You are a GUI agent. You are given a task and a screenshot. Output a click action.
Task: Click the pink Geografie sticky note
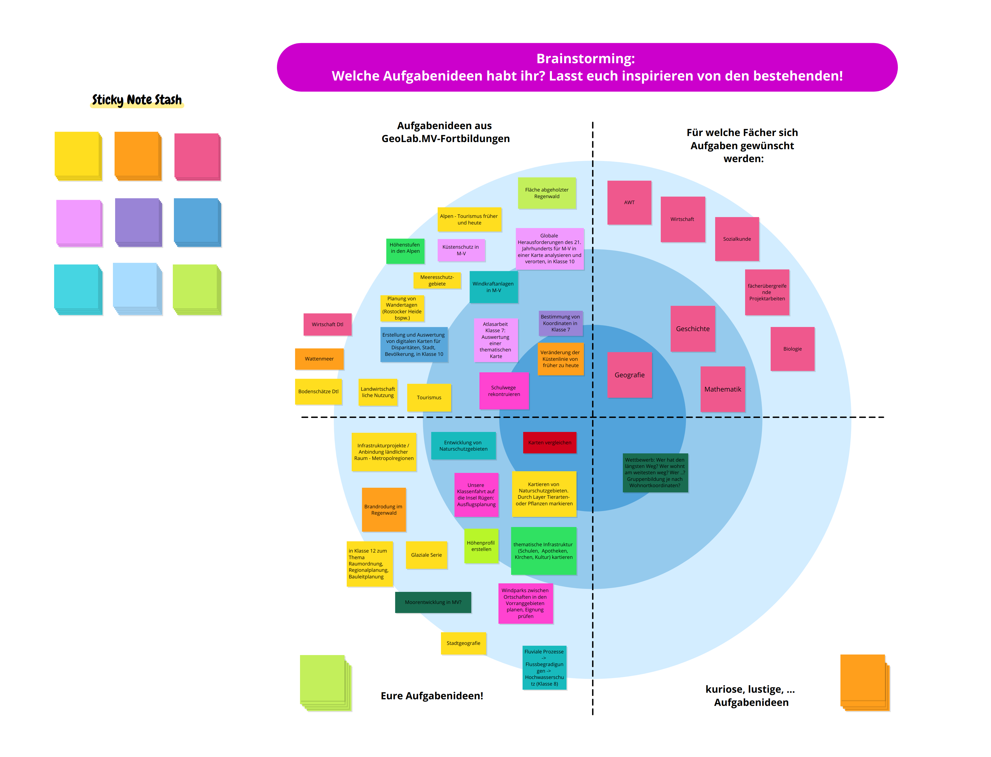[x=629, y=375]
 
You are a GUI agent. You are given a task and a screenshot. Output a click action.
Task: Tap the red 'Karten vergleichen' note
[x=549, y=442]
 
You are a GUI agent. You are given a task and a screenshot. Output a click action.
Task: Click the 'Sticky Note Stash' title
[x=137, y=99]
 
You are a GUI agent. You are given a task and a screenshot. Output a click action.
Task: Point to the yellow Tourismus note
[x=429, y=397]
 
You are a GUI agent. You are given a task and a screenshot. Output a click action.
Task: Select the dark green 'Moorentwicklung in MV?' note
[x=433, y=602]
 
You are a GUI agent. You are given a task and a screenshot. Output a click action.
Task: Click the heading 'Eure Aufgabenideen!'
[x=432, y=696]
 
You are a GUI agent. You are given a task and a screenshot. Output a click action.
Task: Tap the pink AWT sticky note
[x=629, y=202]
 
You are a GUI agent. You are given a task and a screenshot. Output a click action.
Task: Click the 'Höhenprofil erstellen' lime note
[x=481, y=546]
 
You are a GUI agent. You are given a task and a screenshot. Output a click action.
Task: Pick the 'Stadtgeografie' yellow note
[x=463, y=643]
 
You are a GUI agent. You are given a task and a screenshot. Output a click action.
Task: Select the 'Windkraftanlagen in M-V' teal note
[x=493, y=287]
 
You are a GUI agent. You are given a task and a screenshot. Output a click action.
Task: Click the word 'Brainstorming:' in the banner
[x=585, y=59]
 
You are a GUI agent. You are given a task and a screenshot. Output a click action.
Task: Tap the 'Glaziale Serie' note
[x=426, y=555]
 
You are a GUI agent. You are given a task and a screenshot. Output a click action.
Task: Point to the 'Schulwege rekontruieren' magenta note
[x=504, y=391]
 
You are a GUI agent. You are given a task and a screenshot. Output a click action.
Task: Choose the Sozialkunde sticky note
[x=737, y=239]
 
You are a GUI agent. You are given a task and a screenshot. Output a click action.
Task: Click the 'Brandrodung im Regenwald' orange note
[x=383, y=510]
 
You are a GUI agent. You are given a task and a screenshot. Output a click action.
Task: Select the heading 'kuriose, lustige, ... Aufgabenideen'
[x=750, y=696]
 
